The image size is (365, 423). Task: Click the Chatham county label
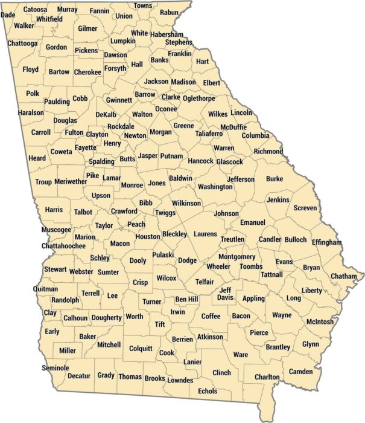[344, 276]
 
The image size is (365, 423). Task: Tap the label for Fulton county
[74, 133]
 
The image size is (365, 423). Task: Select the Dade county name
[8, 15]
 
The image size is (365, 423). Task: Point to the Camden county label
[301, 371]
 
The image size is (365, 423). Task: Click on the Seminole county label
[56, 368]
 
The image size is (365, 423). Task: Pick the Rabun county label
[169, 12]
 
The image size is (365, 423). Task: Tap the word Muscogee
[56, 230]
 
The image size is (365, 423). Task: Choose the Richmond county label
[268, 151]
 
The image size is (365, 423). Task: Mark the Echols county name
[208, 392]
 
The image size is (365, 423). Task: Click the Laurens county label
[205, 234]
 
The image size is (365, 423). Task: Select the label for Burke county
[275, 179]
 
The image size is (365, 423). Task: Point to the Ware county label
[240, 354]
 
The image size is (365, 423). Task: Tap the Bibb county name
[146, 203]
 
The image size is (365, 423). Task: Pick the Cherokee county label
[87, 72]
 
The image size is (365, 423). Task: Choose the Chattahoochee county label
[64, 246]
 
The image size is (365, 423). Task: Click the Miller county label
[68, 350]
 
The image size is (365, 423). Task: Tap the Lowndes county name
[180, 380]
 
